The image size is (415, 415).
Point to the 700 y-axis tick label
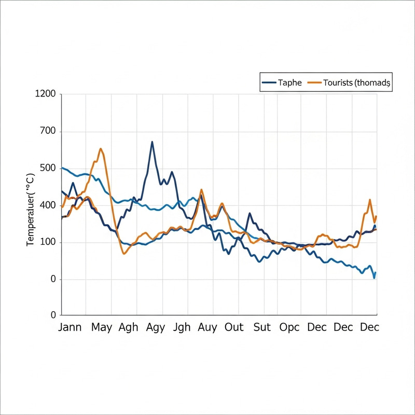point(47,131)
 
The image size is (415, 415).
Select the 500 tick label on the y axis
point(47,168)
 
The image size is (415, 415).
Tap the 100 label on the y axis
point(47,242)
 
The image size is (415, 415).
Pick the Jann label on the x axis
point(70,327)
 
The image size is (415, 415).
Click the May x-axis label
point(102,327)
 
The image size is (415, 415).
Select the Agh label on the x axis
point(128,327)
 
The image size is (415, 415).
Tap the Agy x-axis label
point(156,327)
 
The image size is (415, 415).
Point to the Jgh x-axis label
point(182,327)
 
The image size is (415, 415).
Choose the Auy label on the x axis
point(208,327)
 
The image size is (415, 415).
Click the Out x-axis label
point(234,327)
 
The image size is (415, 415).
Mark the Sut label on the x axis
point(262,327)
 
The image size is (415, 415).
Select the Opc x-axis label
point(289,327)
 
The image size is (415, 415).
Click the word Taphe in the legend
point(290,82)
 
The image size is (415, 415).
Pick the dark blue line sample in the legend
point(269,82)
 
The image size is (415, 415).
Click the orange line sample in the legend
point(314,82)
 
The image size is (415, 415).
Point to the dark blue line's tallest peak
point(152,142)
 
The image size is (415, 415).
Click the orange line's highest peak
point(101,149)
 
